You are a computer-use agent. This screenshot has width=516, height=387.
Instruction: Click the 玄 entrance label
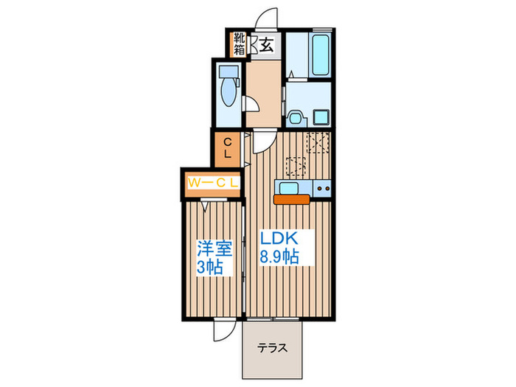267,45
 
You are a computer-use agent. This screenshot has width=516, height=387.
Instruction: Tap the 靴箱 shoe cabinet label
240,44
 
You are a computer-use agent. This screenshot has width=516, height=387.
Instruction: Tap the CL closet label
228,147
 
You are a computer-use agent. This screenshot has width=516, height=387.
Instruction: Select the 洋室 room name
210,248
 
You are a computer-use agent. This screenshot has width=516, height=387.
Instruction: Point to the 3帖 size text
210,266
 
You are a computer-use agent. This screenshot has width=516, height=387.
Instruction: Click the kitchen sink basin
289,188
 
